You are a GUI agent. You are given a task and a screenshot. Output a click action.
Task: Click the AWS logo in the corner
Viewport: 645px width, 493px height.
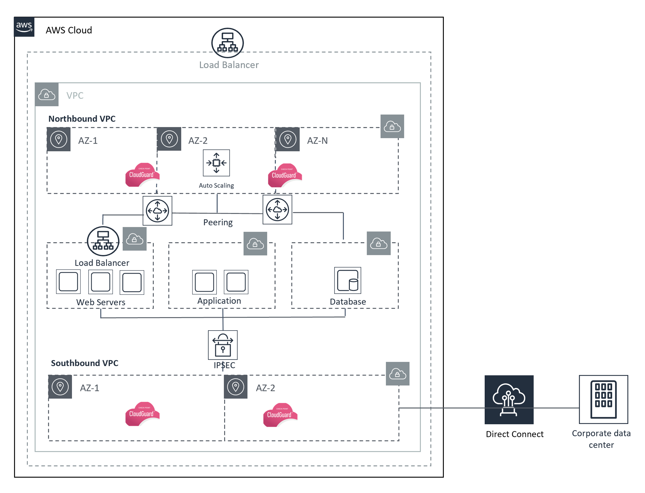[24, 27]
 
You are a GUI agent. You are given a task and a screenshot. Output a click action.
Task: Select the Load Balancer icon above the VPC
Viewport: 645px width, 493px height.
[227, 43]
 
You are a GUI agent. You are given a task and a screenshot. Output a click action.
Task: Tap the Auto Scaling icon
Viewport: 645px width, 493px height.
[216, 163]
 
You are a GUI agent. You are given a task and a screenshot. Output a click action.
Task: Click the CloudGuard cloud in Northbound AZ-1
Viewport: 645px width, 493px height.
[142, 175]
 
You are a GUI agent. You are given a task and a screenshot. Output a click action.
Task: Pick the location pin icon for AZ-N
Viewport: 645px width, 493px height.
[287, 139]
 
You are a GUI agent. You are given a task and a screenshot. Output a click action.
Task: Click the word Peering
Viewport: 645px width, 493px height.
[218, 222]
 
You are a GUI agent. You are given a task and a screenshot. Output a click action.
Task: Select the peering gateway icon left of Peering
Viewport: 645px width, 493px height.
[157, 211]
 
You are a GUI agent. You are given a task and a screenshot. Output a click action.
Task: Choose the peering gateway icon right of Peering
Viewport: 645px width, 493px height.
[277, 210]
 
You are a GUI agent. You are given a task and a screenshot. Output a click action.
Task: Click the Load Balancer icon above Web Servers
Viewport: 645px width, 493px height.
[103, 241]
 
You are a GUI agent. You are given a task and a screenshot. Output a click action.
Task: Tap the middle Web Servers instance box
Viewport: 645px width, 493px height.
[100, 282]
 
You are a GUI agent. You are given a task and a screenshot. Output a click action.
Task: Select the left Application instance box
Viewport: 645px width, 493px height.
[204, 282]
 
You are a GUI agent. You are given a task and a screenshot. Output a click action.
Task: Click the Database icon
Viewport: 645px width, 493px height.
[348, 280]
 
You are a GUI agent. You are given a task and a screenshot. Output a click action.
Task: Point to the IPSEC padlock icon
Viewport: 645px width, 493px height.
[223, 345]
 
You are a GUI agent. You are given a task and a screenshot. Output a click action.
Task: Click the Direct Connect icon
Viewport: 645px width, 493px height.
[509, 400]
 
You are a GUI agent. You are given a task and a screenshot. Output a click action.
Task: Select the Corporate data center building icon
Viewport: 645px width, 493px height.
[603, 399]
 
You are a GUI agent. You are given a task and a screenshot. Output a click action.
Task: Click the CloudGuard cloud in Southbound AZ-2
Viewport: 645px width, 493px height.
[280, 415]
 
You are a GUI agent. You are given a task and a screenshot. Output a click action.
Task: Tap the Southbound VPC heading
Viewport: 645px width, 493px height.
[84, 363]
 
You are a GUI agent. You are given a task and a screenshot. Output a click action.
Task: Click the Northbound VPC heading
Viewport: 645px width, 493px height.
[82, 119]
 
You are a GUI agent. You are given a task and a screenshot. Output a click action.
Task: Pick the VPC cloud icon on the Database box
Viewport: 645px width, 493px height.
[378, 243]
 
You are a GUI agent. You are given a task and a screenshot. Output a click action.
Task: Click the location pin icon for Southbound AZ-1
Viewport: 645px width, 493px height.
[60, 387]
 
